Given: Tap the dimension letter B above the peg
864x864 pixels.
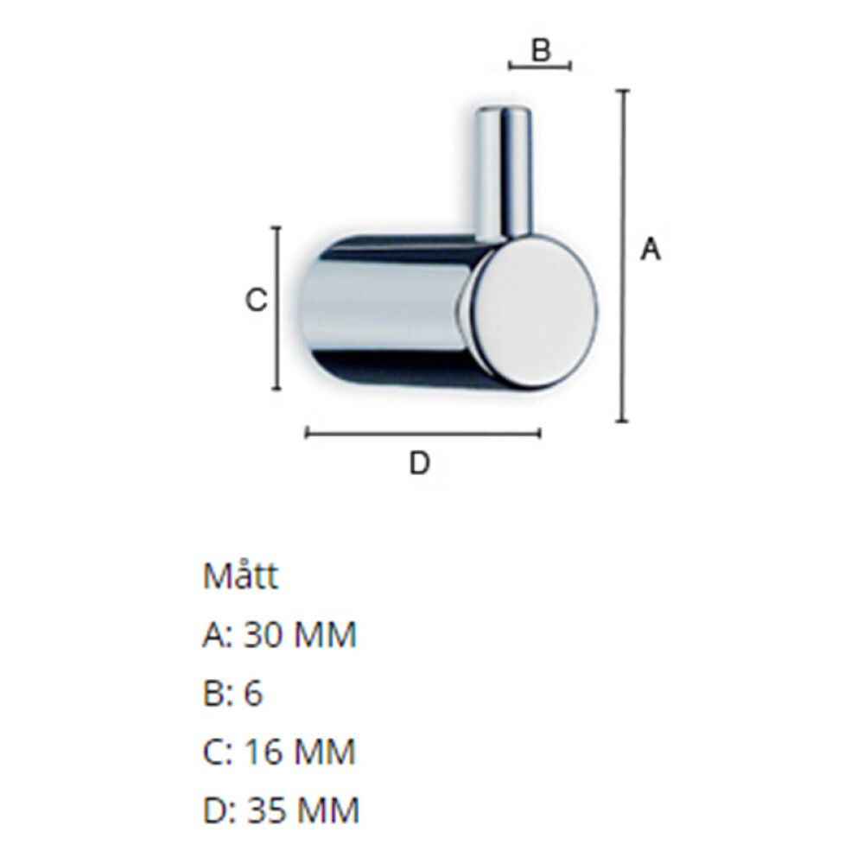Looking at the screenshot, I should click(541, 51).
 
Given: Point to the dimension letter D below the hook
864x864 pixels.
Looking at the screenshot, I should click(419, 464).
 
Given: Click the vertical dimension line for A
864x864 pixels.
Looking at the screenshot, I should click(622, 256).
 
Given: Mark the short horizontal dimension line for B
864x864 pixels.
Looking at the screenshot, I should click(540, 67).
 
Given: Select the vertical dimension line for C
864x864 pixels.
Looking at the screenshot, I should click(276, 308).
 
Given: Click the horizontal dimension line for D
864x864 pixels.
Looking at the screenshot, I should click(423, 433).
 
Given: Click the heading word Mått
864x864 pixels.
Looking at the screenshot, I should click(241, 576).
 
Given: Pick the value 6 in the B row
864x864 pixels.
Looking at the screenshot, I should click(253, 694).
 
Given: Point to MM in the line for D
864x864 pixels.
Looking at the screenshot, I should click(327, 810).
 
